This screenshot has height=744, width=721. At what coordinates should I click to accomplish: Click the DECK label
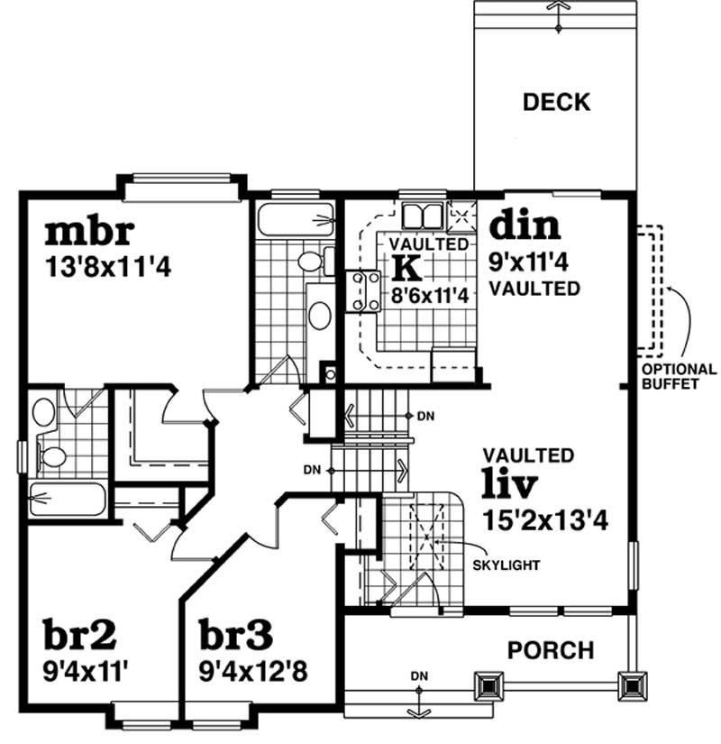(556, 102)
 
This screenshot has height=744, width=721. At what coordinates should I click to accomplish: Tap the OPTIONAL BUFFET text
(679, 376)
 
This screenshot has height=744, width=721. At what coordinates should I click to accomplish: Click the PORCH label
(550, 649)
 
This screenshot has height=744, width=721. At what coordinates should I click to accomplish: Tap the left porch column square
(490, 686)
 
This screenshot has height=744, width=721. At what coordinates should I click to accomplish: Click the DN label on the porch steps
(418, 674)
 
